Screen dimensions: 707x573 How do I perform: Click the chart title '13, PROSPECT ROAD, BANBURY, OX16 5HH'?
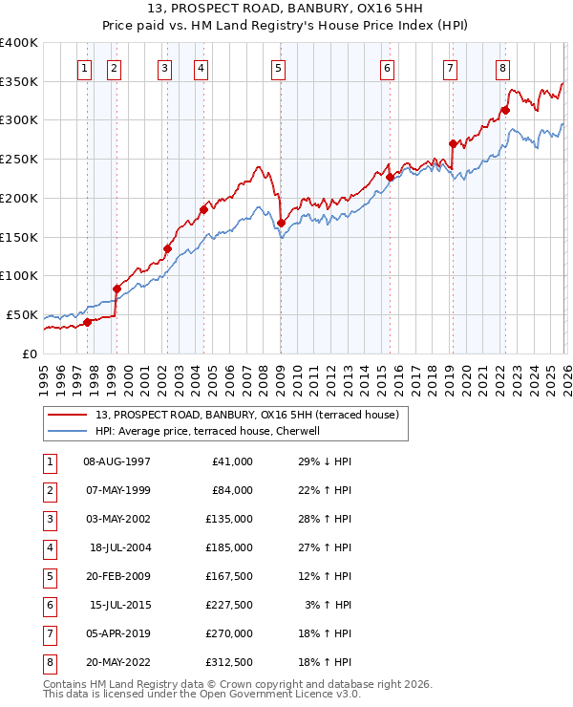(x=286, y=11)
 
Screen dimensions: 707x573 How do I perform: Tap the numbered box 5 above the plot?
(x=278, y=68)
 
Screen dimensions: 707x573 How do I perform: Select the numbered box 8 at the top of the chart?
(x=502, y=68)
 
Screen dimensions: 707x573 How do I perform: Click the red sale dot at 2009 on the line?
(x=281, y=224)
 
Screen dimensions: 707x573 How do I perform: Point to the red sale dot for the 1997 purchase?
(x=87, y=322)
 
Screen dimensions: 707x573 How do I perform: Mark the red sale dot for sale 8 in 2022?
(x=505, y=110)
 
